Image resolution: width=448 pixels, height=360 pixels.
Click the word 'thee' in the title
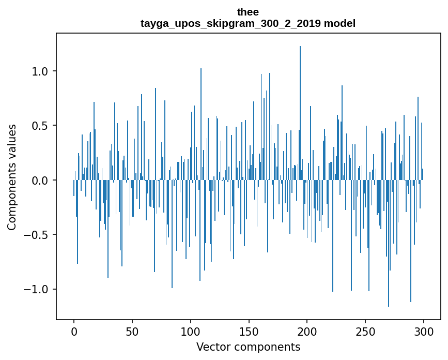(248, 12)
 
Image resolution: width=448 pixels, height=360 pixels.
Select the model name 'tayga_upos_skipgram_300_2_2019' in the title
(228, 23)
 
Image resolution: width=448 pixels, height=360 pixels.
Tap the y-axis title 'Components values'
(12, 177)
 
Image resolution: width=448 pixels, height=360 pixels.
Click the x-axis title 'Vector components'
(248, 347)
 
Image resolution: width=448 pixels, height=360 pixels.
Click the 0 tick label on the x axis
(74, 331)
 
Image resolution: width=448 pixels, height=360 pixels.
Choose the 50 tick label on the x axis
(132, 331)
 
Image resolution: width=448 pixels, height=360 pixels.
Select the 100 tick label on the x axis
(191, 331)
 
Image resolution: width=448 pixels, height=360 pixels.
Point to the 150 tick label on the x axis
(249, 331)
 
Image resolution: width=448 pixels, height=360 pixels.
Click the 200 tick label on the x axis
(307, 331)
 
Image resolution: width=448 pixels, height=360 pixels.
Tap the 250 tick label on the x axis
(366, 331)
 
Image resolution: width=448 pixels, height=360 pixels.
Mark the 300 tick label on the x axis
(424, 331)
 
